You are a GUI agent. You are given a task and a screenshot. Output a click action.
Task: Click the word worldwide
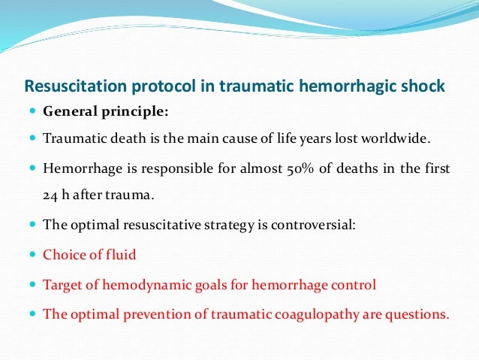(x=413, y=139)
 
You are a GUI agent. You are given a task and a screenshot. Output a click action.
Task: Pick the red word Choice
(x=65, y=255)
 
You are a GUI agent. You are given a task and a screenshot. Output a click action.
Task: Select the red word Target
(x=63, y=285)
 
